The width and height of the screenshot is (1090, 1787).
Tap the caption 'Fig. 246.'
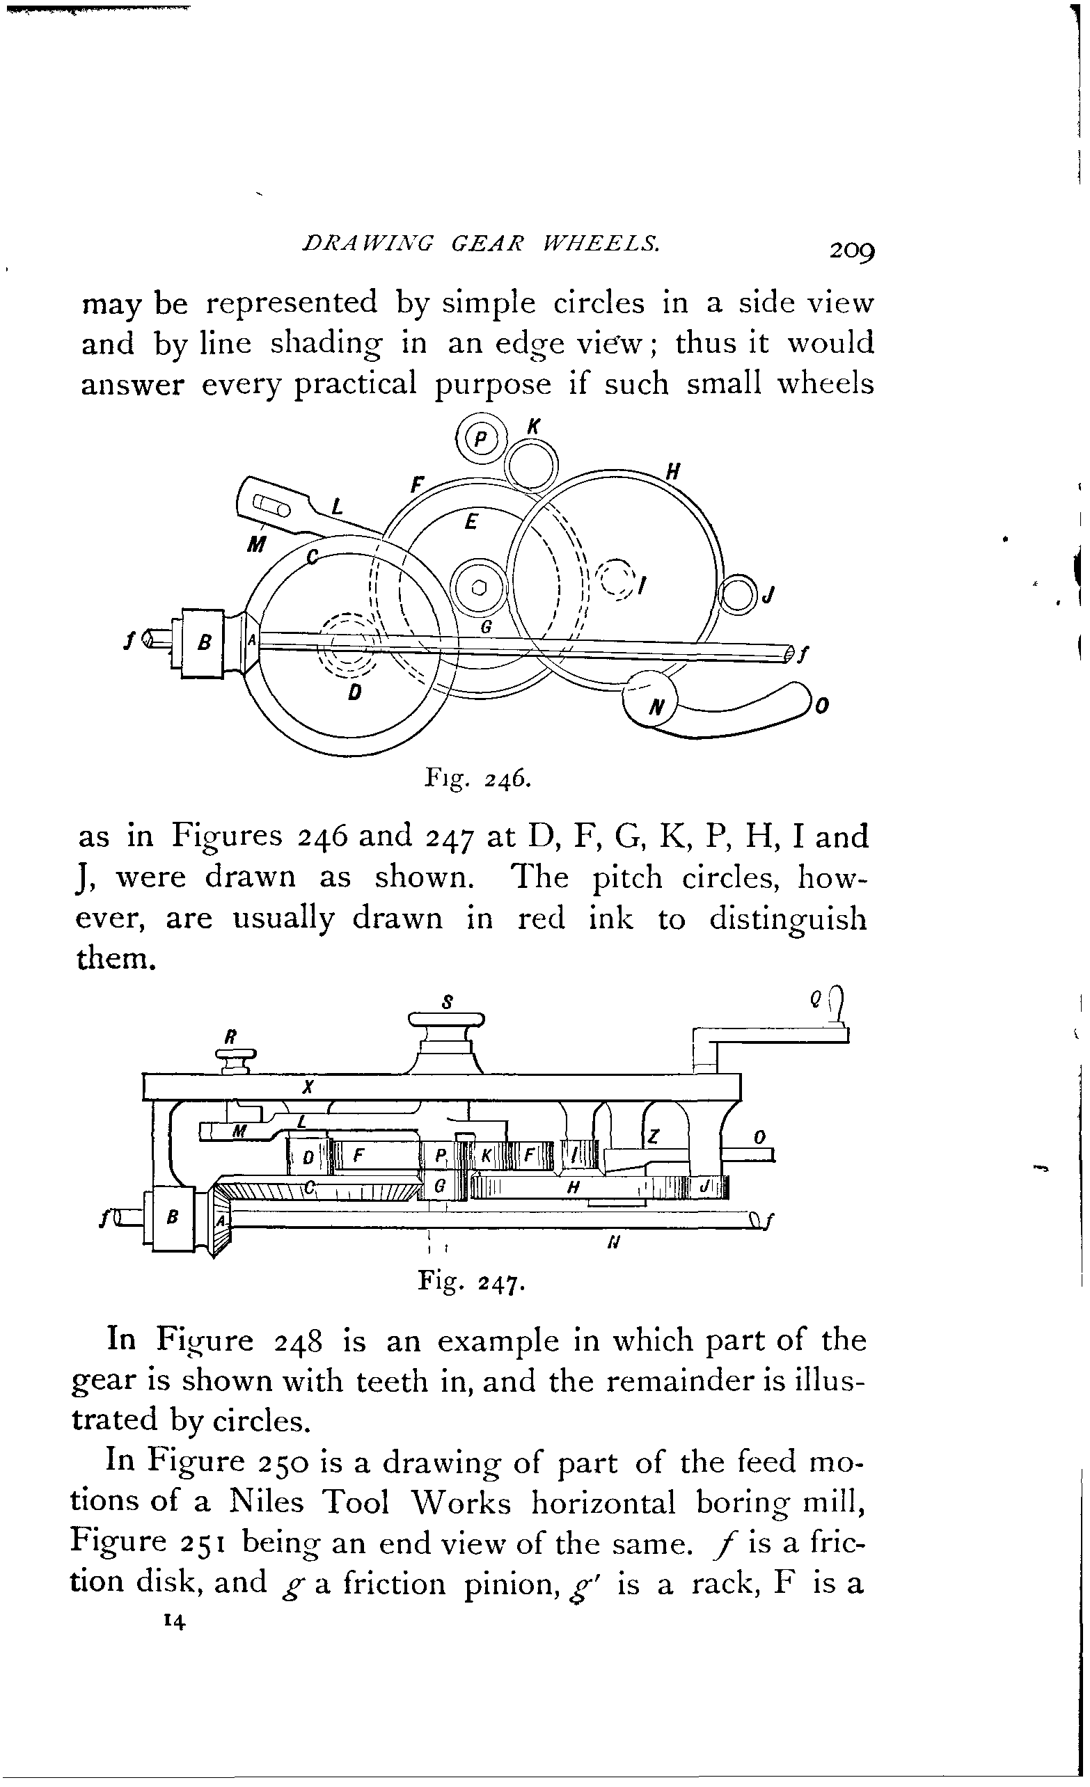click(x=478, y=778)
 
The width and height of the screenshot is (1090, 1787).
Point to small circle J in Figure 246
click(x=738, y=595)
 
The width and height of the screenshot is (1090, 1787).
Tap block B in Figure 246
click(x=203, y=643)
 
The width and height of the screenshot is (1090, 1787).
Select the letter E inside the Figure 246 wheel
click(x=471, y=521)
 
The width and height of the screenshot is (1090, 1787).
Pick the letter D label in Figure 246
click(x=354, y=692)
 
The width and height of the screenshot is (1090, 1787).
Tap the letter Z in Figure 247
click(x=653, y=1138)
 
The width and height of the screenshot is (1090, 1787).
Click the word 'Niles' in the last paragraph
click(x=266, y=1501)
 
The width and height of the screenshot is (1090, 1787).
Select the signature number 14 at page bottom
click(x=175, y=1621)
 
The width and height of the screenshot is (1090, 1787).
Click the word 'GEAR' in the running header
click(x=486, y=244)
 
